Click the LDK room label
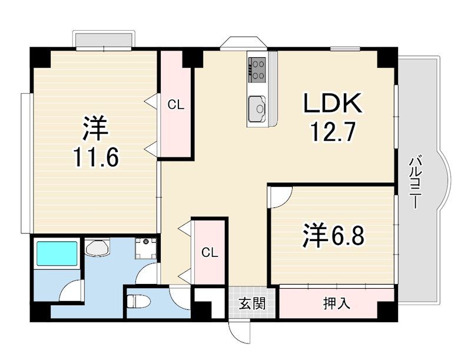332,103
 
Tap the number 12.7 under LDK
333,131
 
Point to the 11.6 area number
96,157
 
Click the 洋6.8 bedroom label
333,236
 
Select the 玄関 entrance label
252,303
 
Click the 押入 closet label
336,303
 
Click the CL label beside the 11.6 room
175,105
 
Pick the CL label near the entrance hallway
210,253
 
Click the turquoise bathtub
57,253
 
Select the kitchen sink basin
257,108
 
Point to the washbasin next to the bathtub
97,247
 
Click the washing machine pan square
146,249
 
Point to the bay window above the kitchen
243,43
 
